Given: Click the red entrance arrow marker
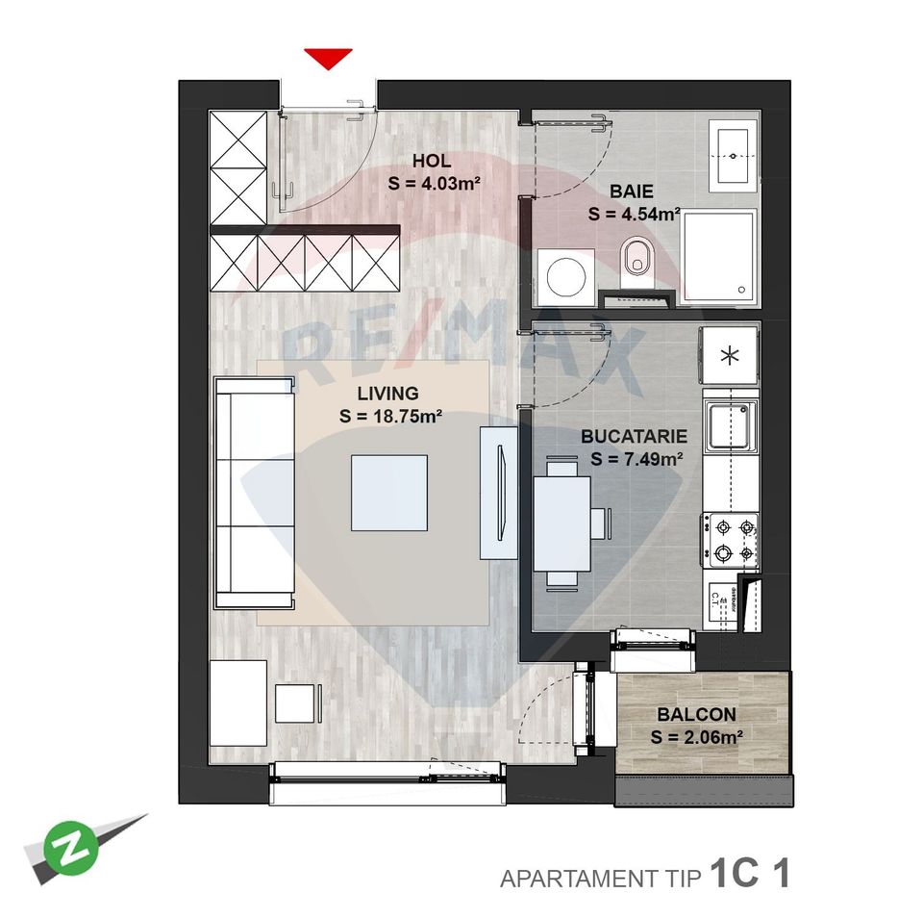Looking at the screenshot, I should pyautogui.click(x=328, y=59).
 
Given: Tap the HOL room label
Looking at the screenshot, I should pyautogui.click(x=432, y=161).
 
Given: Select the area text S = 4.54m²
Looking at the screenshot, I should pyautogui.click(x=635, y=215).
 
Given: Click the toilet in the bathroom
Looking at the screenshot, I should pyautogui.click(x=636, y=259).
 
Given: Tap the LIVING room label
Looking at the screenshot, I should pyautogui.click(x=387, y=393).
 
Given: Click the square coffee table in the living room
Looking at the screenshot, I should pyautogui.click(x=389, y=493).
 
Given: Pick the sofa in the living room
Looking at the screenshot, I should pyautogui.click(x=254, y=492).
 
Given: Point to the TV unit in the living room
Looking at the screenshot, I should pyautogui.click(x=498, y=493).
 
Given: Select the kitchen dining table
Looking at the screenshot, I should pyautogui.click(x=563, y=523).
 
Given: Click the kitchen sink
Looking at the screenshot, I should pyautogui.click(x=731, y=426).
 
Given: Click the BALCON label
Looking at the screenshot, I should pyautogui.click(x=696, y=715).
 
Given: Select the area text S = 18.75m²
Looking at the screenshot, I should pyautogui.click(x=390, y=417).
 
